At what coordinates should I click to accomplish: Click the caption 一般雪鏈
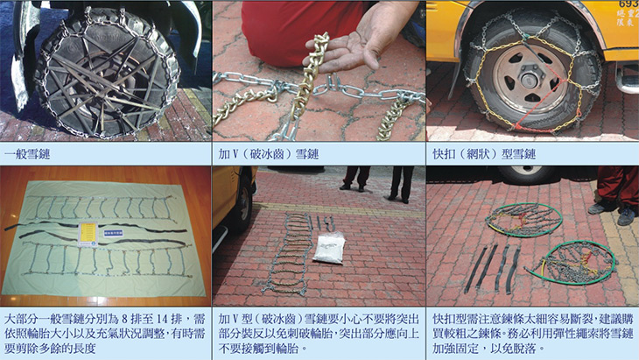pyautogui.click(x=27, y=154)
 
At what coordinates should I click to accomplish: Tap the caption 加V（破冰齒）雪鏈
pyautogui.click(x=268, y=154)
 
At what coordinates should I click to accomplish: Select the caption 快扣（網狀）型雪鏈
pyautogui.click(x=484, y=154)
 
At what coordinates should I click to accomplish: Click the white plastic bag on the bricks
pyautogui.click(x=329, y=248)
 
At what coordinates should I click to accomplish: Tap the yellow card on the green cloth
pyautogui.click(x=88, y=234)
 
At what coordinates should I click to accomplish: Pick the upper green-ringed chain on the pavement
pyautogui.click(x=523, y=220)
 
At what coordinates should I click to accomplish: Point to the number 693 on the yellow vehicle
pyautogui.click(x=628, y=4)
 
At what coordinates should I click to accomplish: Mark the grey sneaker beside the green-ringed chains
pyautogui.click(x=626, y=215)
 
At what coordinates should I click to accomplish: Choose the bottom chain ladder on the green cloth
pyautogui.click(x=106, y=259)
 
